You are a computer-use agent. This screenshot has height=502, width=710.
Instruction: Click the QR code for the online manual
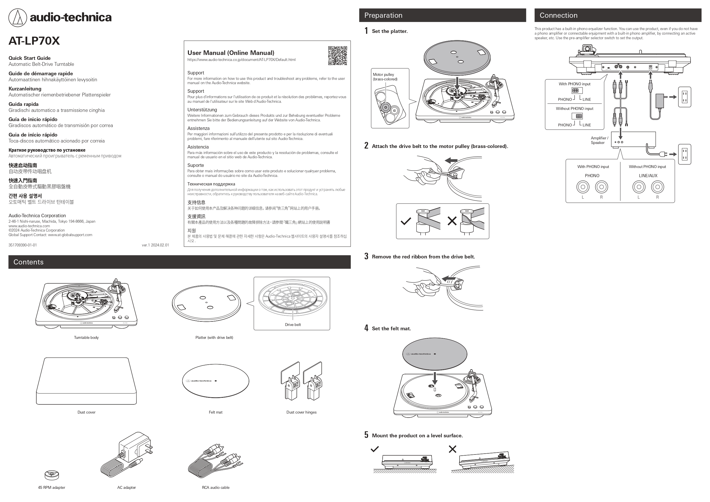(x=337, y=56)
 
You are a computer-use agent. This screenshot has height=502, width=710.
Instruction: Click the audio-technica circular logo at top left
(x=18, y=18)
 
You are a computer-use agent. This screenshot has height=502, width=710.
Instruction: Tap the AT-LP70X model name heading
(x=34, y=41)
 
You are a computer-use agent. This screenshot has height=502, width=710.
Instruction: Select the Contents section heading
(x=28, y=262)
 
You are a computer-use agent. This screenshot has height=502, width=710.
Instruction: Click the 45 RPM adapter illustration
(x=51, y=475)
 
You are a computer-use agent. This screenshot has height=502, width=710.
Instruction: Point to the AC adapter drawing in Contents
(x=127, y=454)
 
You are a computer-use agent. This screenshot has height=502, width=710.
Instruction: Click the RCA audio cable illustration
(x=215, y=461)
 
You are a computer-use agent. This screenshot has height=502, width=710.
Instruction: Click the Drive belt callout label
(x=292, y=325)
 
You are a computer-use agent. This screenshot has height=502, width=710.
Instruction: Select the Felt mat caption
(x=215, y=412)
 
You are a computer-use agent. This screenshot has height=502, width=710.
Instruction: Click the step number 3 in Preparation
(x=366, y=256)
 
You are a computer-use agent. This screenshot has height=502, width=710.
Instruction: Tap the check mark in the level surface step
(x=375, y=449)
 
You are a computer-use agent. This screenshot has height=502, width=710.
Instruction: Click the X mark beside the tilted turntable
(x=452, y=449)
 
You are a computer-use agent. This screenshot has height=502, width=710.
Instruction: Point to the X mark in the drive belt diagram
(x=452, y=221)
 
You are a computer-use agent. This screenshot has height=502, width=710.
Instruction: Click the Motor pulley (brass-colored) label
(x=385, y=77)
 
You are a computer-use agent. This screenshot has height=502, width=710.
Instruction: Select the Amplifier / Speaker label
(x=599, y=141)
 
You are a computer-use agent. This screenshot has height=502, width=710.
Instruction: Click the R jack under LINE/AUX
(x=657, y=187)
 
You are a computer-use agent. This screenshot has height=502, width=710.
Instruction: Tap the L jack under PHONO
(x=583, y=187)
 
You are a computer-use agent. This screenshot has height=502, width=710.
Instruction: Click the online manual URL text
(x=241, y=60)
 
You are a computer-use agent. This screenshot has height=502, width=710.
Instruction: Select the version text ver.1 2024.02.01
(x=155, y=245)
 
